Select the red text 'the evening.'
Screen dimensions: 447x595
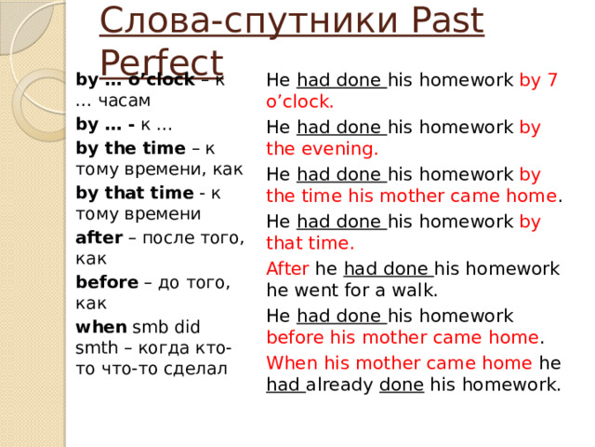(322, 147)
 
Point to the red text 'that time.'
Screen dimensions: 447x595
(310, 244)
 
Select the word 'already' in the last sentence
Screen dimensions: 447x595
(342, 385)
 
